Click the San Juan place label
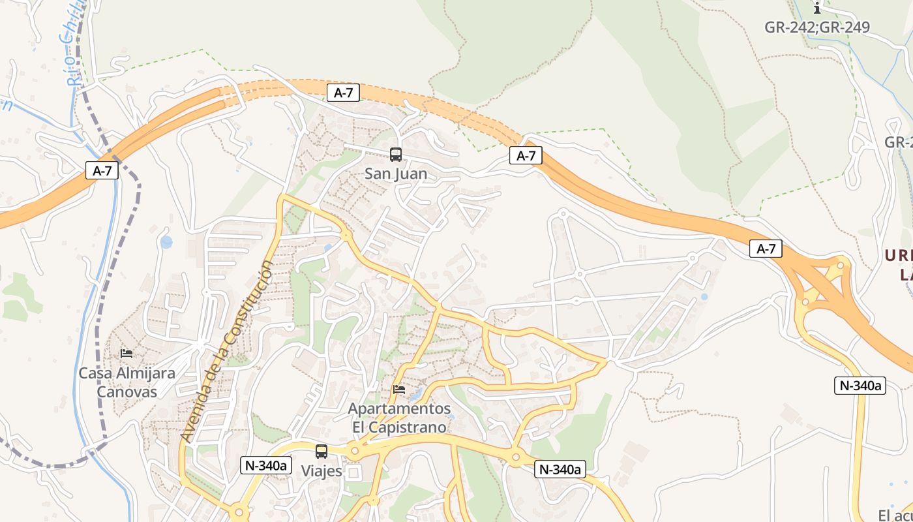coord(396,174)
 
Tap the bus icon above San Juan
coord(396,155)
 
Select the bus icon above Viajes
coord(322,451)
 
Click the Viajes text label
coord(322,470)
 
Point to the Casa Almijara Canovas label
coord(127,382)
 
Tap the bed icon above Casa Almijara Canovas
coord(127,354)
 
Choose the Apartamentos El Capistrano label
coord(400,418)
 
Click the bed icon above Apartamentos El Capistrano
coord(399,390)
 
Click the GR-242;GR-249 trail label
coord(817,27)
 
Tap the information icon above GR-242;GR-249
coord(817,8)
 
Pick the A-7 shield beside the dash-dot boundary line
coord(102,171)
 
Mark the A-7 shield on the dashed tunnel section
coord(343,93)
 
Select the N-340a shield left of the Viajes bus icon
coord(265,465)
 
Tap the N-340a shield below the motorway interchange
coord(860,386)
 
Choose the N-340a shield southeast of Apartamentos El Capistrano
coord(559,469)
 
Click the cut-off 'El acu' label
coord(895,515)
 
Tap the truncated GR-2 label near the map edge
coord(898,142)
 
